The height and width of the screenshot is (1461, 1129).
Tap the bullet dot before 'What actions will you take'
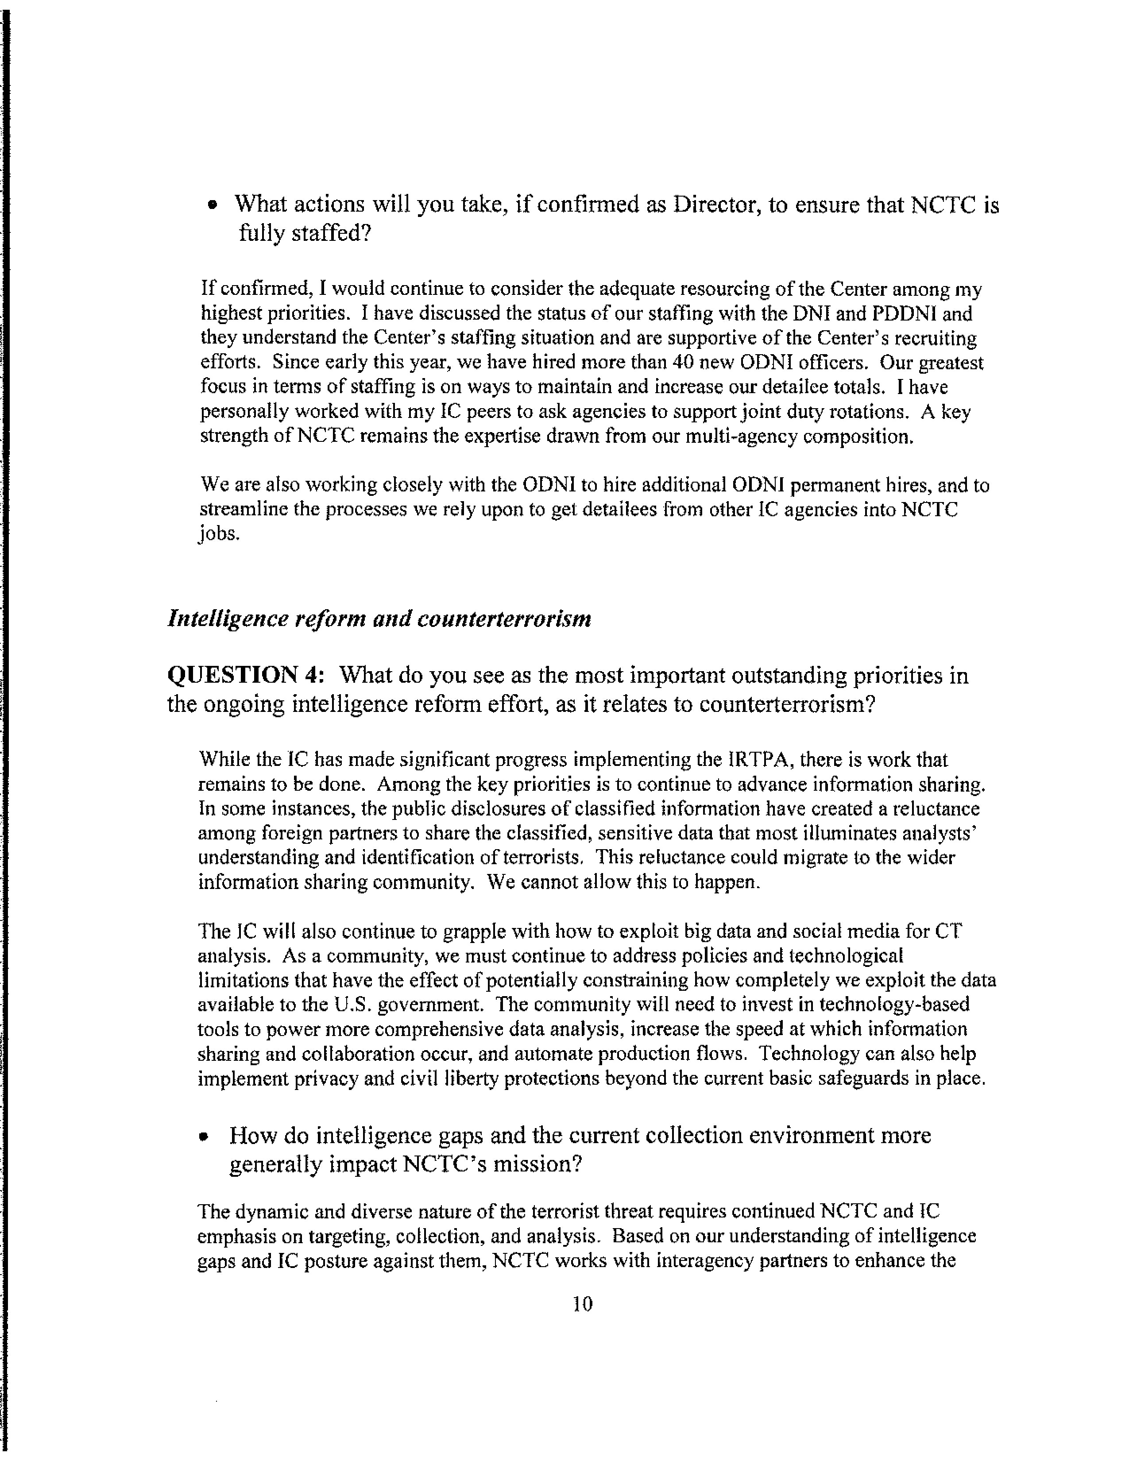(213, 206)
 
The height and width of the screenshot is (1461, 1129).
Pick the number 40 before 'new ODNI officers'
(684, 363)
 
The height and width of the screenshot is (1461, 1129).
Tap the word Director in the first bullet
(715, 204)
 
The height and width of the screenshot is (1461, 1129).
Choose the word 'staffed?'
(330, 233)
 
